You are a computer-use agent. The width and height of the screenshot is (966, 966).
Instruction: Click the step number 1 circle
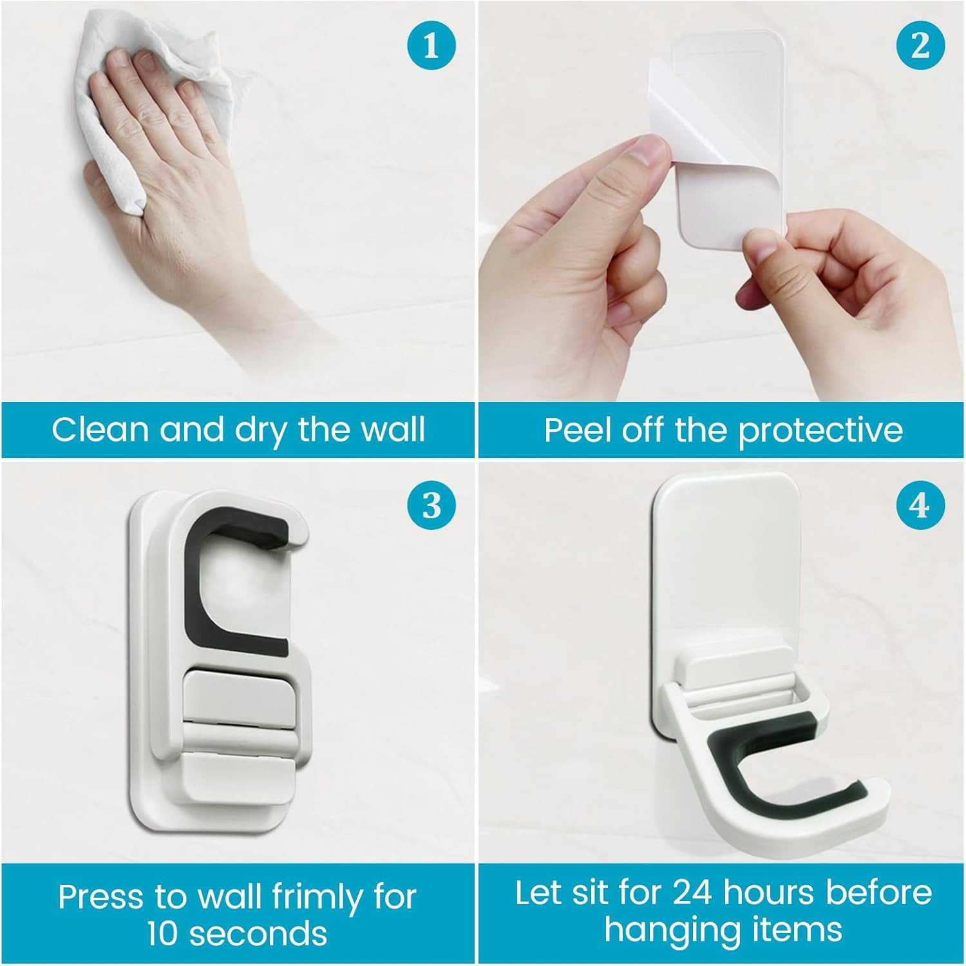pos(431,46)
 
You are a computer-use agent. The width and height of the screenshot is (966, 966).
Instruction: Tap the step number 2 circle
pos(920,46)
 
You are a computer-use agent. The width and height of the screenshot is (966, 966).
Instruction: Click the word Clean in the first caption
pos(100,430)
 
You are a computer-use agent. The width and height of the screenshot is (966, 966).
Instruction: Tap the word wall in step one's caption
pos(392,430)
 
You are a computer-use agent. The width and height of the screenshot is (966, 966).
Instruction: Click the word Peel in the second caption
pos(578,430)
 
